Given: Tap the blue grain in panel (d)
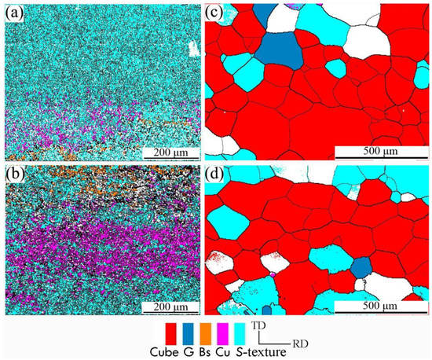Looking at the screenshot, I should click(361, 267).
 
